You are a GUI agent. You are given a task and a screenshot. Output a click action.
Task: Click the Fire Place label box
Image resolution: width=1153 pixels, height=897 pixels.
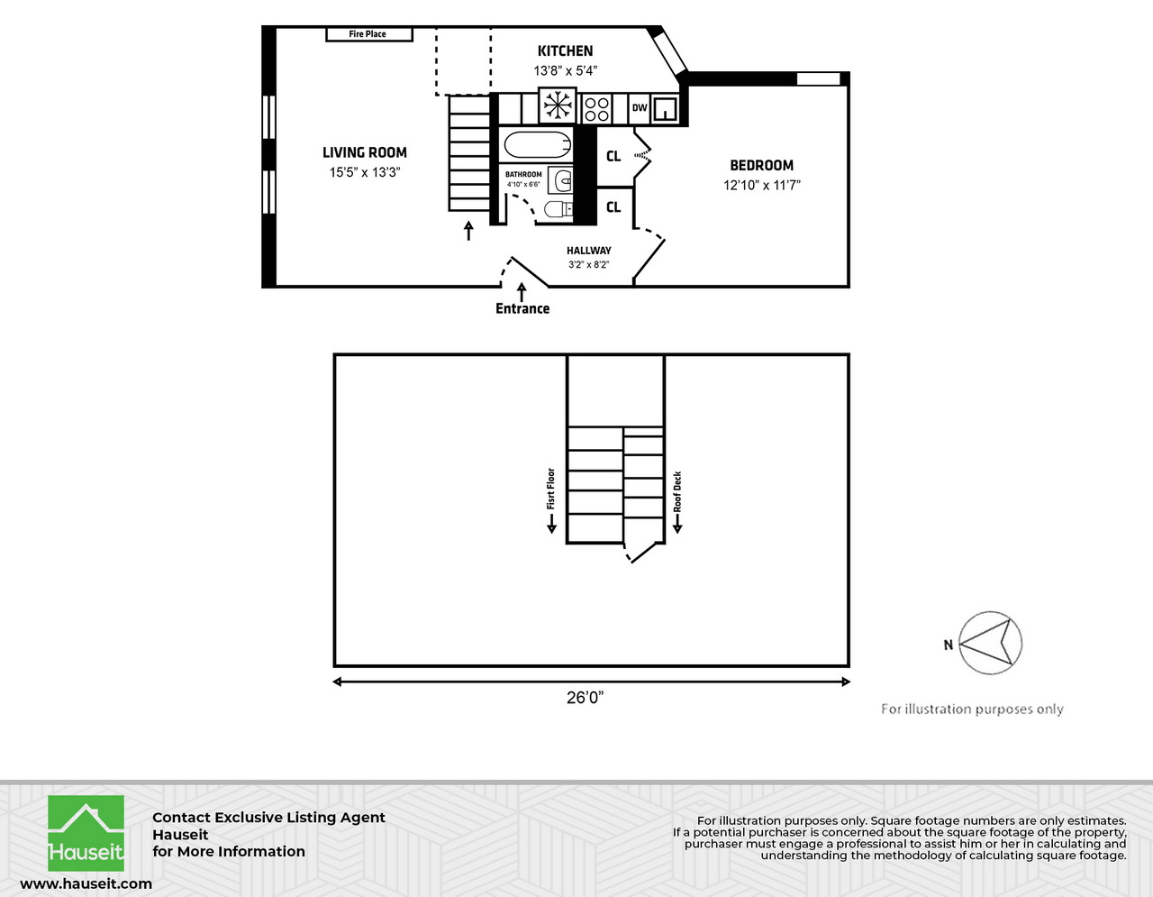click(x=368, y=34)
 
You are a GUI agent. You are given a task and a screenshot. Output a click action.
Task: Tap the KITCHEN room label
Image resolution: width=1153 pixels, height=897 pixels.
click(x=565, y=51)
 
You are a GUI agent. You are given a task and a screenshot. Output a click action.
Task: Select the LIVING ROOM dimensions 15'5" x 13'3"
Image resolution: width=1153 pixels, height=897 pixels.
click(x=365, y=172)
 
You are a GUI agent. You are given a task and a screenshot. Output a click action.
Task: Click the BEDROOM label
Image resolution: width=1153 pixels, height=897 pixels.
click(x=761, y=166)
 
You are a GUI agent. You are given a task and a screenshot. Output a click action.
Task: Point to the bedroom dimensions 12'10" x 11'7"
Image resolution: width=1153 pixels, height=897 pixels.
click(x=761, y=186)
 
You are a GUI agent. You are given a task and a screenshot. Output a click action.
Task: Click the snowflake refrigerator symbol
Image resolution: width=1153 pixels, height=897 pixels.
click(x=558, y=105)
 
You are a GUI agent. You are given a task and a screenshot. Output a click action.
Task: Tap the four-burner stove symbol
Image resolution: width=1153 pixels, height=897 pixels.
click(x=596, y=109)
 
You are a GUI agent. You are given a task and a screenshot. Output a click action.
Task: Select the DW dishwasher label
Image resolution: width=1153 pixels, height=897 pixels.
click(x=640, y=108)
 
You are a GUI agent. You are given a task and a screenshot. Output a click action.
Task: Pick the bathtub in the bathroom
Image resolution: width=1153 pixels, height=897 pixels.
click(x=538, y=145)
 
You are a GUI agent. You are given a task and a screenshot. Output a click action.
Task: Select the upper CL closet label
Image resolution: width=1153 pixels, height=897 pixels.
click(x=613, y=157)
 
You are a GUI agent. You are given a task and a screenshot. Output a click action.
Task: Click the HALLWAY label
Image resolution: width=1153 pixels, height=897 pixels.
click(x=588, y=251)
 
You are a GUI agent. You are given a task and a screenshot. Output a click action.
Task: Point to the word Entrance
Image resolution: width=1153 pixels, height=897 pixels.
click(x=522, y=308)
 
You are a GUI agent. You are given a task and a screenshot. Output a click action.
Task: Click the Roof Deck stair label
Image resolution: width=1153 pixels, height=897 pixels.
click(x=677, y=492)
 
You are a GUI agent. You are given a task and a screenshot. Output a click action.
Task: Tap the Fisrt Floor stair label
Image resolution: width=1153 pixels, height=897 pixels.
click(x=551, y=489)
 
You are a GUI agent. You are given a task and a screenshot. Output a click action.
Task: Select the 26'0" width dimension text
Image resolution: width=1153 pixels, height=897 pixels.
click(x=586, y=698)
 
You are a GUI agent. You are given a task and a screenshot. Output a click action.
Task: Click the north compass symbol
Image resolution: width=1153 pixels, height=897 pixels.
click(x=990, y=643)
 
